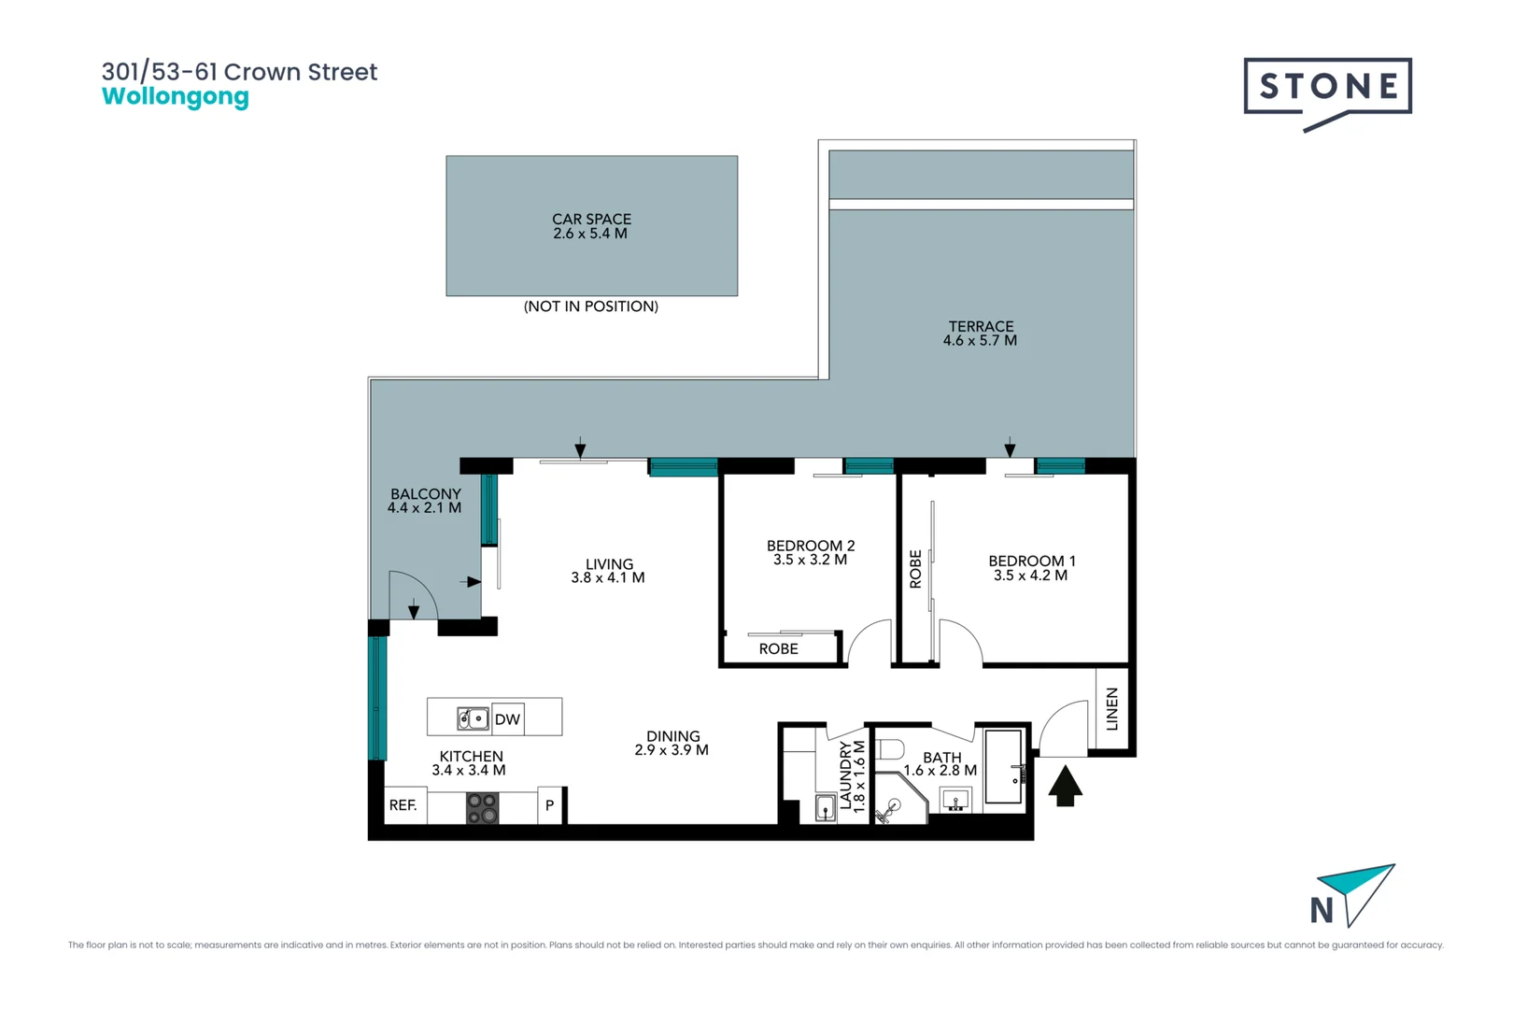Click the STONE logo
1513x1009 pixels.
[x=1327, y=94]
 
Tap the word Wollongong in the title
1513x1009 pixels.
[x=176, y=96]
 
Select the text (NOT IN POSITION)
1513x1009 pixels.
[x=591, y=306]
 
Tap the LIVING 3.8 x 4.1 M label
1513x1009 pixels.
[x=608, y=571]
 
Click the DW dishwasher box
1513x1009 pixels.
[x=507, y=718]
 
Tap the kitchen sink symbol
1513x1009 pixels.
[x=473, y=718]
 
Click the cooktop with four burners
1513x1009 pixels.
[x=482, y=807]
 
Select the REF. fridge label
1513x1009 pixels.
[x=403, y=805]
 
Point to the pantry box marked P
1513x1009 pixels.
[x=550, y=805]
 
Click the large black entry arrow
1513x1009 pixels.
[x=1066, y=786]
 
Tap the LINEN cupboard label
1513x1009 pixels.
[x=1111, y=709]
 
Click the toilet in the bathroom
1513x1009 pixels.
[x=890, y=749]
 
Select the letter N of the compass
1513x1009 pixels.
[x=1322, y=910]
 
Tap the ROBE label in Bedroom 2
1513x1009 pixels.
[x=778, y=648]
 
